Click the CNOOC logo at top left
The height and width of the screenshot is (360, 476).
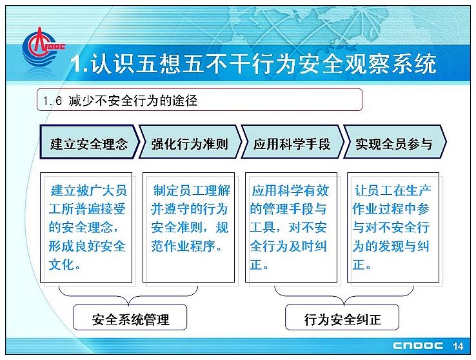tap(43, 48)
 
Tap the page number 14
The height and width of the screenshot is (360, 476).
tap(457, 346)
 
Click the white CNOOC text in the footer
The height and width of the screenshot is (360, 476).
tap(418, 346)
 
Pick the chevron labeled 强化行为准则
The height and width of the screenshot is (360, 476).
tap(190, 142)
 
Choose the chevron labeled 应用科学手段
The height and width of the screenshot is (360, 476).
tap(293, 142)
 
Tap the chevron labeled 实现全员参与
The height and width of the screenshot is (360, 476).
tap(395, 142)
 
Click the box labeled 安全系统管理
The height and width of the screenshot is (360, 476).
tap(130, 317)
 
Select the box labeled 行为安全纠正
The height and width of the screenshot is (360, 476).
tap(342, 317)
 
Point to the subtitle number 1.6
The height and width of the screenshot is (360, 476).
tap(52, 101)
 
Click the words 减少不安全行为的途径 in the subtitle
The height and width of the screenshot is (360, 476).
tap(133, 101)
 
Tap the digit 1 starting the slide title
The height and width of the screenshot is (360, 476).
tap(76, 64)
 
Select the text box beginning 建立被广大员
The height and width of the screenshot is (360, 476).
tap(86, 228)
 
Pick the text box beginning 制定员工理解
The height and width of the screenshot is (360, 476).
tap(188, 228)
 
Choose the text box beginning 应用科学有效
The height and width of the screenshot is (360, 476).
tap(291, 228)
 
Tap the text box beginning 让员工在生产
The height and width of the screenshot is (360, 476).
tap(393, 228)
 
